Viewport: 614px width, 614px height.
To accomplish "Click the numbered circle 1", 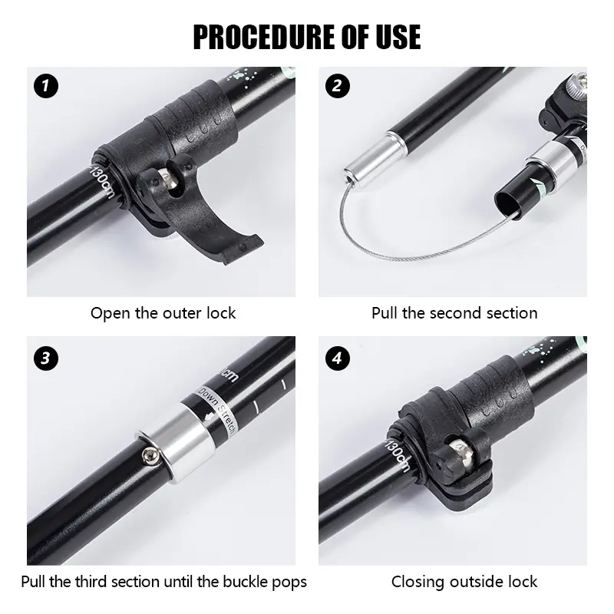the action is [x=46, y=86].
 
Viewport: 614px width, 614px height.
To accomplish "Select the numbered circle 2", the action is [x=338, y=86].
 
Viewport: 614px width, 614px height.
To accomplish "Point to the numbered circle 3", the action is [x=46, y=358].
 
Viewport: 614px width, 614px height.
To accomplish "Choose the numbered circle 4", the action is [x=338, y=358].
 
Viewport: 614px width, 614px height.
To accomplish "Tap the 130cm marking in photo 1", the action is [x=103, y=181].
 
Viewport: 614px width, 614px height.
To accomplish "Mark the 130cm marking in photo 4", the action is [x=398, y=455].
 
